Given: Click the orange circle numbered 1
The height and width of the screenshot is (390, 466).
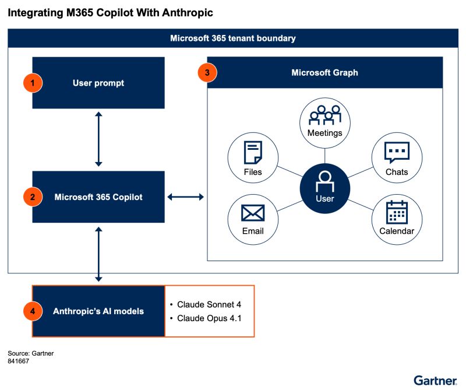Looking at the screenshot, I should click(x=33, y=83).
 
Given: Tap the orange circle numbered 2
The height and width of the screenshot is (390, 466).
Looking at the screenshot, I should click(x=33, y=197).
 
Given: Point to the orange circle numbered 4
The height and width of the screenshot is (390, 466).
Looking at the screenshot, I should click(x=33, y=311).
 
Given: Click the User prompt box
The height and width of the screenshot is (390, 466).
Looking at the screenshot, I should click(x=98, y=83).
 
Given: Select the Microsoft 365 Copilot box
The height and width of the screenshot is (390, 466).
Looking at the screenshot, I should click(x=98, y=197).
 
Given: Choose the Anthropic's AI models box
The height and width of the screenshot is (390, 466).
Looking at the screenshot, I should click(x=98, y=311).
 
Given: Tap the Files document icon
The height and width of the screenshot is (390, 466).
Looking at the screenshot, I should click(x=253, y=153).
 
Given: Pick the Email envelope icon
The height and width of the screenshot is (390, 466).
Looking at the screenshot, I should click(x=253, y=213).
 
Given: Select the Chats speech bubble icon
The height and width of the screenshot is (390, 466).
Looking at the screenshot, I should click(x=397, y=153).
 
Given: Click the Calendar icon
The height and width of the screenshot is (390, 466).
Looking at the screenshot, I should click(x=397, y=213).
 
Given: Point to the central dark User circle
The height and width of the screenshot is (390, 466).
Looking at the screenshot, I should click(x=324, y=188).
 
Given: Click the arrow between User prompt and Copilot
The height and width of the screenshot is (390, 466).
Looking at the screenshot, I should click(x=98, y=140).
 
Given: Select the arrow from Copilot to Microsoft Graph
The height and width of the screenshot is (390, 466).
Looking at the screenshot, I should click(x=186, y=197).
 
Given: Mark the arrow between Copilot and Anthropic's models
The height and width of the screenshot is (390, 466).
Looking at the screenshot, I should click(x=98, y=254).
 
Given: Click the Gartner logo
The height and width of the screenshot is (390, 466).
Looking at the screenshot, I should click(x=435, y=380).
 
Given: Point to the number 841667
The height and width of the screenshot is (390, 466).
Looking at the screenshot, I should click(x=19, y=361).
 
